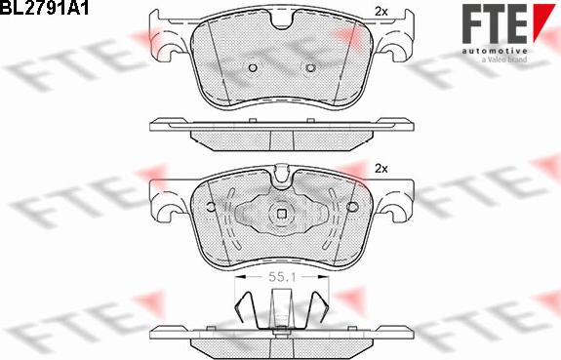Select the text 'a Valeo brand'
tap(504, 60)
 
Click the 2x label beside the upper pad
tap(381, 11)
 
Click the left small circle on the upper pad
tap(252, 67)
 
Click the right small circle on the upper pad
tap(310, 67)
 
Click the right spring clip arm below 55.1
tap(318, 304)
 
